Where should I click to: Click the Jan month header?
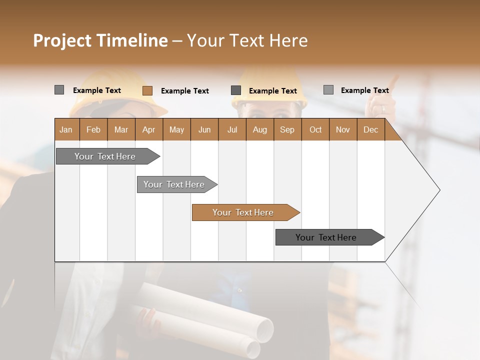[x=66, y=129]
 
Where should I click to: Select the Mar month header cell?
[x=121, y=129]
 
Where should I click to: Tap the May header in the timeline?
[x=176, y=129]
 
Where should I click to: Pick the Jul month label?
[x=232, y=129]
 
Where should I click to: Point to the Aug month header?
[x=259, y=129]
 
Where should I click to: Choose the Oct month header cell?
[x=315, y=129]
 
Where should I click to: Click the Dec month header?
[x=370, y=129]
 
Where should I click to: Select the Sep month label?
[x=287, y=129]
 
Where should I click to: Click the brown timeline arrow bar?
[x=245, y=212]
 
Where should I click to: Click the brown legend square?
[x=147, y=90]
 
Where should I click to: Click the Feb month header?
[x=93, y=129]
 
